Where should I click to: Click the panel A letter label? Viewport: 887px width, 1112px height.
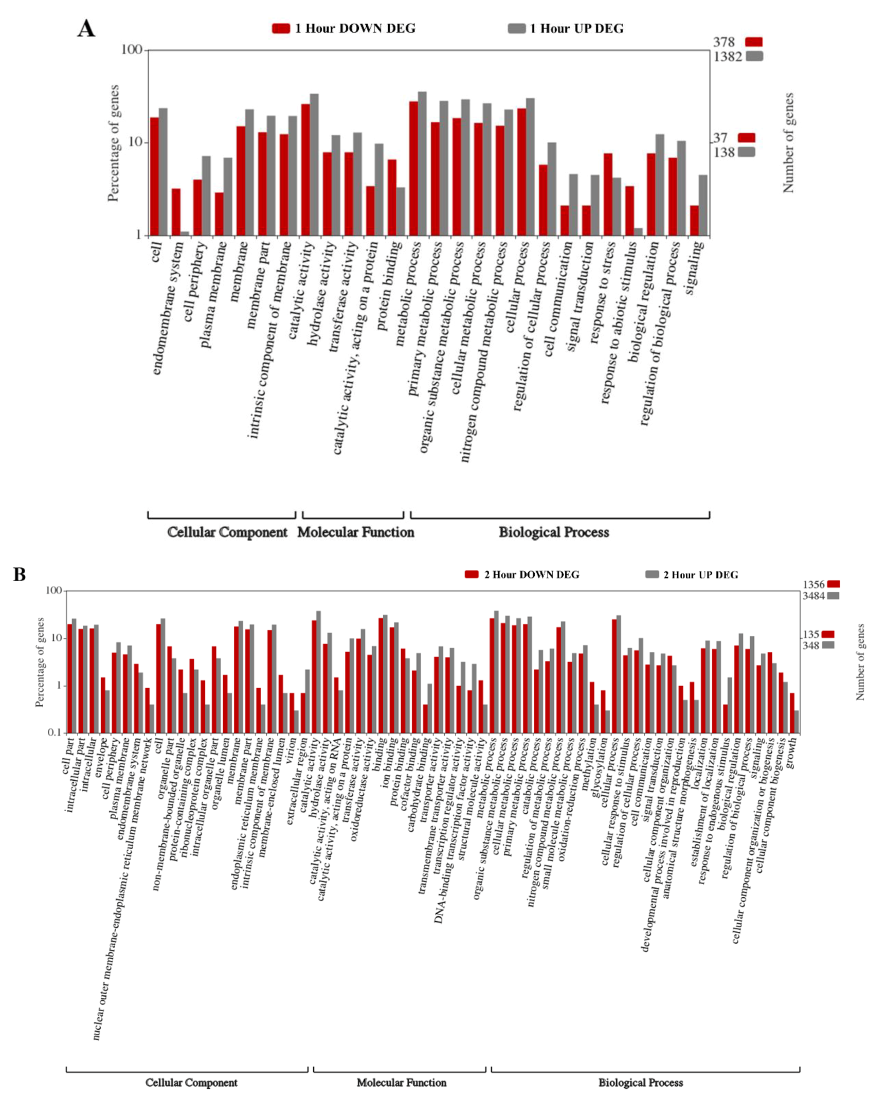click(x=86, y=28)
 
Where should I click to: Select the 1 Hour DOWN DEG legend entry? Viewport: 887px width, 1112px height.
click(x=344, y=28)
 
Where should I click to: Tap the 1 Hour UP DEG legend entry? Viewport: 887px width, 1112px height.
click(x=566, y=28)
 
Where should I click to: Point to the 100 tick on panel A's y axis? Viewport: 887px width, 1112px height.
click(x=131, y=49)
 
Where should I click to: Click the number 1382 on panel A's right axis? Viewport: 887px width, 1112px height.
click(x=727, y=57)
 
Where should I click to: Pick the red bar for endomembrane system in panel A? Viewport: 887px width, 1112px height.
click(x=176, y=212)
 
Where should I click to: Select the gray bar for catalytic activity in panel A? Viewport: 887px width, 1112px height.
click(x=314, y=165)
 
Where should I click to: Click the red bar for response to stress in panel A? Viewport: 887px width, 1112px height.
click(x=608, y=194)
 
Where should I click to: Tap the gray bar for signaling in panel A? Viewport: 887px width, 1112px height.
click(x=703, y=205)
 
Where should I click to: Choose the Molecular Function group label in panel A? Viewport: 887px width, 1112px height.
click(x=355, y=532)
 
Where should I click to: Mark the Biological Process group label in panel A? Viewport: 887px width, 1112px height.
click(x=553, y=532)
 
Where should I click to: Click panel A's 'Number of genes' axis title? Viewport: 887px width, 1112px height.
click(x=788, y=143)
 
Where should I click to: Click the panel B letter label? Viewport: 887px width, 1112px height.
click(x=20, y=575)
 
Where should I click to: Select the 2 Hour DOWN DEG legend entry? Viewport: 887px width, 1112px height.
click(x=522, y=575)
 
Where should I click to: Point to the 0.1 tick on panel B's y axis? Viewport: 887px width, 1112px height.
click(x=54, y=732)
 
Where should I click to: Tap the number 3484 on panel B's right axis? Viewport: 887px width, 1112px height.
click(x=813, y=596)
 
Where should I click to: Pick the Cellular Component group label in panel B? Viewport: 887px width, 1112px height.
click(x=191, y=1083)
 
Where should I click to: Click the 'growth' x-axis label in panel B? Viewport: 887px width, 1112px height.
click(x=791, y=752)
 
